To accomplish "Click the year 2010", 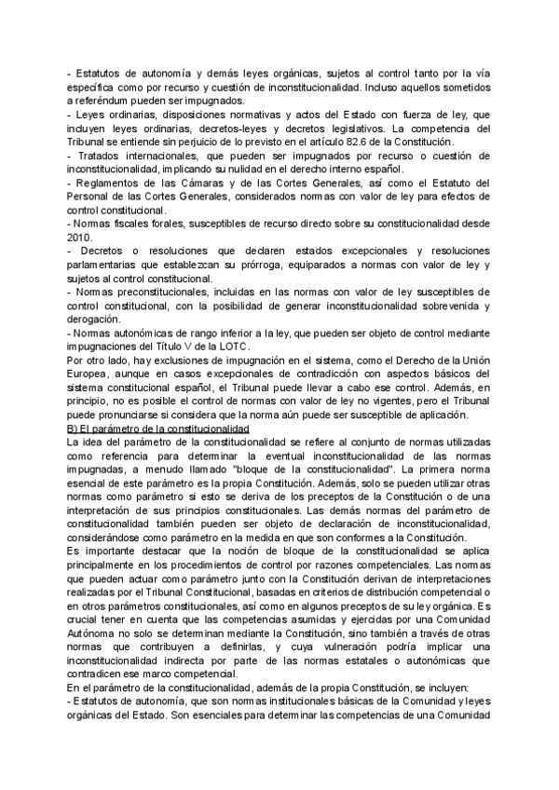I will point(81,238).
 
